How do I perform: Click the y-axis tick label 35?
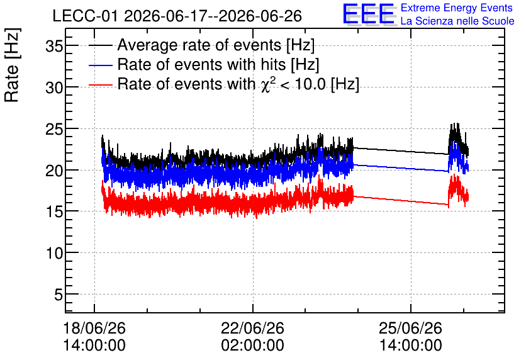tap(54, 46)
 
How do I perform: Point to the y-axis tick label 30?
tap(54, 88)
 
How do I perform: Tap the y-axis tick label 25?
tap(54, 129)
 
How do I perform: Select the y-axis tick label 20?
tap(54, 171)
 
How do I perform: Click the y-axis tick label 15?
tap(54, 212)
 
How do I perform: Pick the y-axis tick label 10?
tap(54, 253)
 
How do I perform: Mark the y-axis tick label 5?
tap(59, 295)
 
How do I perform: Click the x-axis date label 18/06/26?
tap(94, 328)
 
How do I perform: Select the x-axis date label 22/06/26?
tap(252, 328)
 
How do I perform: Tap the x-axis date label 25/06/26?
tap(411, 328)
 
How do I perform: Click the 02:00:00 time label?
tap(252, 346)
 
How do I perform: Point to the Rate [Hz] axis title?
tap(12, 65)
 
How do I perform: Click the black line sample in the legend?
tap(100, 45)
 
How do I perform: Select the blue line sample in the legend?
tap(100, 65)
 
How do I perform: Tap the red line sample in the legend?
tap(100, 85)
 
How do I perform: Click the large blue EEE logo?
tap(368, 14)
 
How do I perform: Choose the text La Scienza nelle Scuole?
tap(457, 21)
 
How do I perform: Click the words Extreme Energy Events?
tap(457, 8)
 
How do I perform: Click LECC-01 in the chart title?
tap(85, 16)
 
